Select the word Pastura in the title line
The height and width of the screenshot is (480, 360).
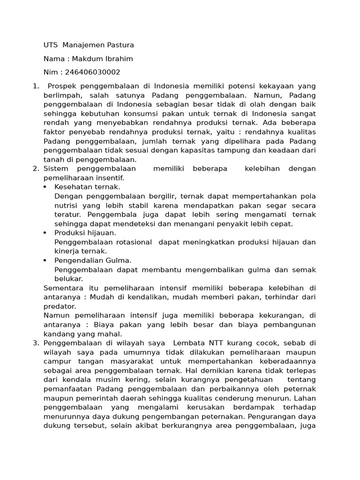coord(119,45)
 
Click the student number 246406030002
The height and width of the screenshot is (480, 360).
coord(93,72)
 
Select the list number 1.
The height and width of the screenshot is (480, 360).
coord(35,86)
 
